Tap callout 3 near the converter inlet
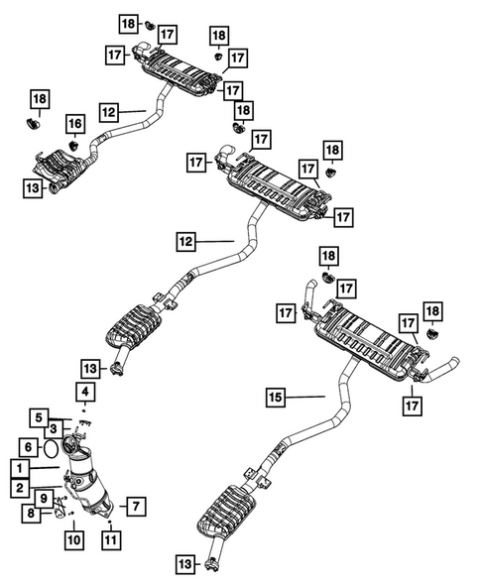tap(55, 427)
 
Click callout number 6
tap(28, 448)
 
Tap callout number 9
tap(45, 498)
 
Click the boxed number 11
tap(109, 540)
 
